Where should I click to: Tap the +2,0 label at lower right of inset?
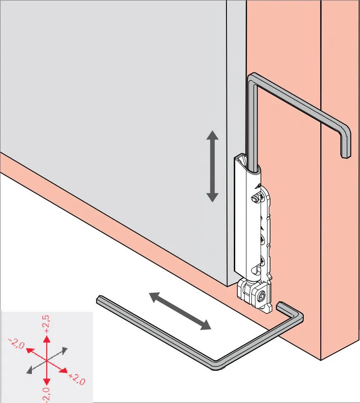pos(77,379)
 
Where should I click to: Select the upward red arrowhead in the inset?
pos(47,340)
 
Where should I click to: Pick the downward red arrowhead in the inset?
pos(47,382)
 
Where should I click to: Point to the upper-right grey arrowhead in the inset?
pos(65,350)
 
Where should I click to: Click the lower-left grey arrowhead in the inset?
pos(29,371)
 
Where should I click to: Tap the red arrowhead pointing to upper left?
pos(31,351)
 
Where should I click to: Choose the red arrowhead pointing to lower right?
pos(64,370)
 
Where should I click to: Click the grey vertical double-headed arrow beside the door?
pos(213,166)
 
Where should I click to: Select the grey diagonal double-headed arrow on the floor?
pos(180,311)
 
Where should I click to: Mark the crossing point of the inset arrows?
pos(47,361)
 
